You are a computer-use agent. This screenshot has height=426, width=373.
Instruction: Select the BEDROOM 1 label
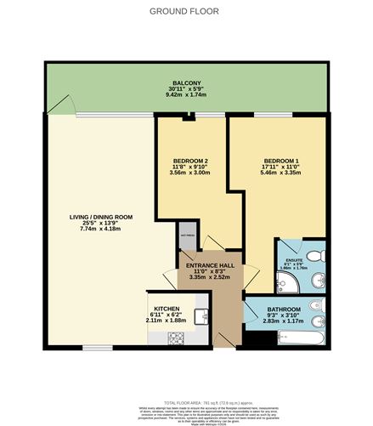[x=280, y=161]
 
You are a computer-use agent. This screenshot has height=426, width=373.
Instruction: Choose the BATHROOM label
[x=280, y=310]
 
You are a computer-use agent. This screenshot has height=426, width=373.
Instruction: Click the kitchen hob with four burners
[x=177, y=338]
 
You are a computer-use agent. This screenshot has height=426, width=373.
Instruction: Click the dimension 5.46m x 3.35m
[x=280, y=173]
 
